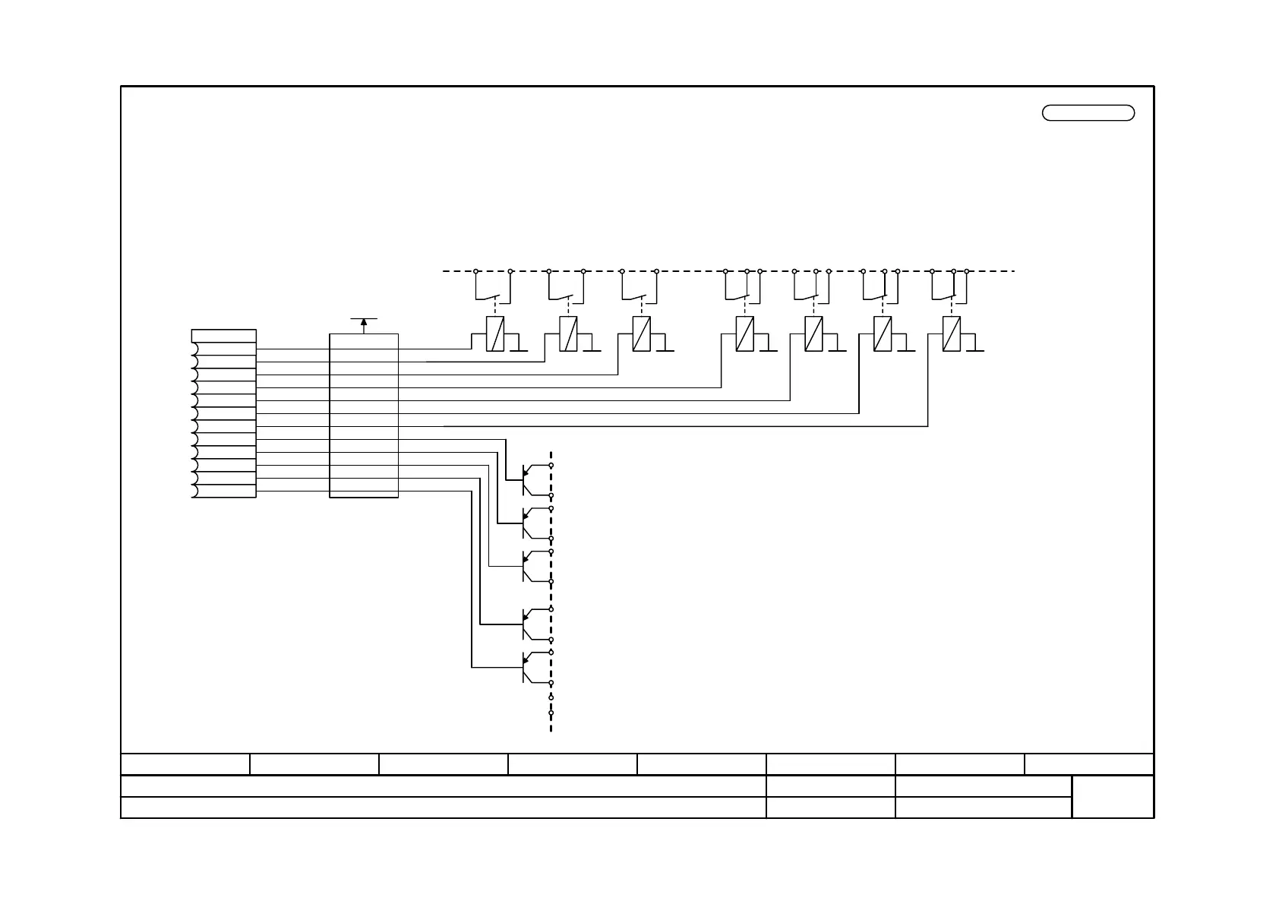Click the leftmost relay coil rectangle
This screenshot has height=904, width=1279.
click(495, 334)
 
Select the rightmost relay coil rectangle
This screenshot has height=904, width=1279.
click(951, 334)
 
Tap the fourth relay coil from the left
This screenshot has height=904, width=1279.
click(745, 334)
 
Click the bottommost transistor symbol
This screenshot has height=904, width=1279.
click(532, 667)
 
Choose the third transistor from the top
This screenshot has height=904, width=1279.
click(532, 566)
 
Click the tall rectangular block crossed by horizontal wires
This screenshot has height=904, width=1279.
click(364, 416)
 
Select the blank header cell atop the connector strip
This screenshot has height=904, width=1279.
click(223, 336)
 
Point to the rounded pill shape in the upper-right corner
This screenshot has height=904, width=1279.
click(1088, 113)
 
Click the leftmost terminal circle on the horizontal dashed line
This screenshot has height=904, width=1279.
click(476, 271)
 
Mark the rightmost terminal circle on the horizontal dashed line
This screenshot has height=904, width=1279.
click(967, 271)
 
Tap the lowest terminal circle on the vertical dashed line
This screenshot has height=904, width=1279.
click(551, 713)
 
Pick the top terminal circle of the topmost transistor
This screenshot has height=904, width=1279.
click(551, 465)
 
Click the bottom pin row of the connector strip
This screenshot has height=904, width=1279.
click(225, 491)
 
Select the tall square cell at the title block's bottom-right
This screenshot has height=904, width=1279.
click(1113, 797)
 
